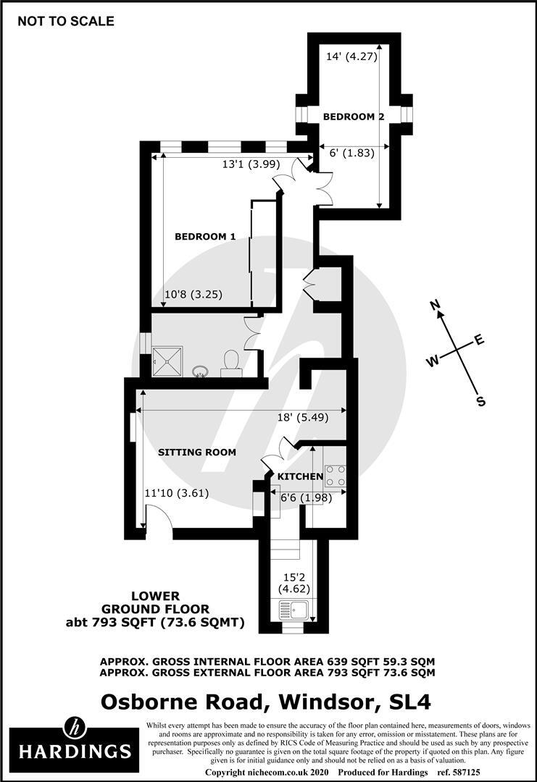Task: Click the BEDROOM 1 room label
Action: point(206,236)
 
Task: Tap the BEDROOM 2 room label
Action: point(354,116)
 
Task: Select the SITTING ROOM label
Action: point(197,452)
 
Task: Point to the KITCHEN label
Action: point(301,476)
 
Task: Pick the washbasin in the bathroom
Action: point(201,371)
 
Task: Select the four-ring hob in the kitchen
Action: point(335,475)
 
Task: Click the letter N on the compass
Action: point(436,306)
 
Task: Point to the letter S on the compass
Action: point(480,401)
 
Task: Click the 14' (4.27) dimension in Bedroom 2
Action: point(352,56)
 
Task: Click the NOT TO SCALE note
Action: point(66,21)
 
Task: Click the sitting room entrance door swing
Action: point(158,517)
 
